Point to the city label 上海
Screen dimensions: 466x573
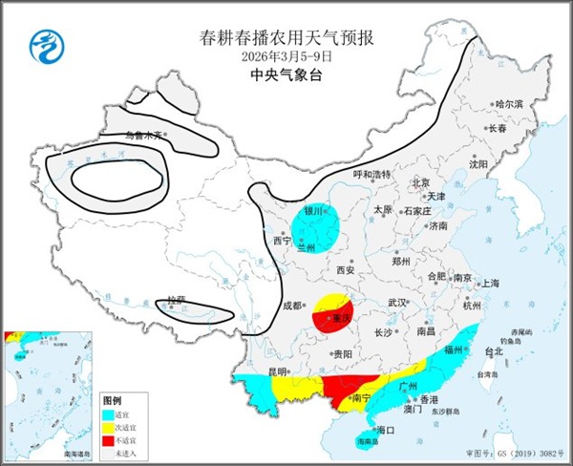(491, 284)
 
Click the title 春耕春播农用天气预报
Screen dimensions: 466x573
(286, 38)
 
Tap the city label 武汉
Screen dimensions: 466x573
(397, 303)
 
